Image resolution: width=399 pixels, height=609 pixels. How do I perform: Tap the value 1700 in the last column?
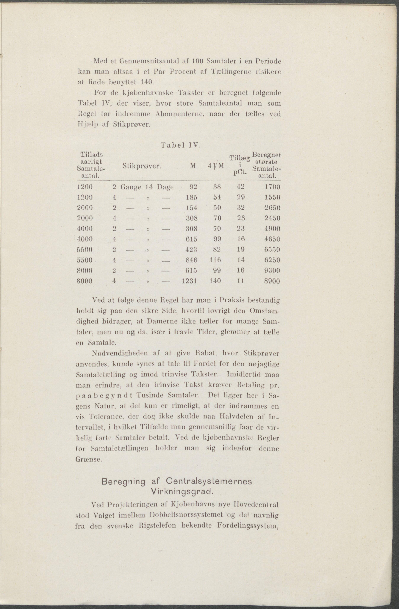click(x=272, y=187)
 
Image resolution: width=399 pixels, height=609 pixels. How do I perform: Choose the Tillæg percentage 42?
click(x=240, y=187)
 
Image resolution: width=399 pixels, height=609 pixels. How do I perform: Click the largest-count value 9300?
click(x=272, y=270)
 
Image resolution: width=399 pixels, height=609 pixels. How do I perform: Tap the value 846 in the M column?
click(x=192, y=260)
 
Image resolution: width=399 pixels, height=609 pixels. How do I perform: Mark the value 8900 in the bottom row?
click(x=272, y=281)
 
